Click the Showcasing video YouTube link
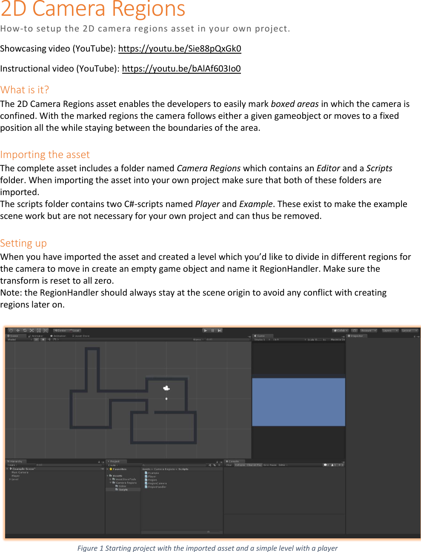tap(179, 49)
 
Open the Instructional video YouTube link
tap(181, 69)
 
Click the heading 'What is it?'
tap(25, 90)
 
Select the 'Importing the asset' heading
tap(45, 155)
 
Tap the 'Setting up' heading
tap(23, 243)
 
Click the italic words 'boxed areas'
tap(295, 104)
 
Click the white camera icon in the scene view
tap(166, 388)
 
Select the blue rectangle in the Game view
tap(298, 402)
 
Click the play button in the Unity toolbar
tap(206, 331)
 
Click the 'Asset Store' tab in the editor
tap(82, 336)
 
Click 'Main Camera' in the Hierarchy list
tap(20, 472)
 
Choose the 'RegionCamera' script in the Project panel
tap(157, 483)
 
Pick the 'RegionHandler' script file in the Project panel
tap(157, 487)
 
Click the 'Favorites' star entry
tap(119, 469)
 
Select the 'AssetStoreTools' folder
tap(126, 479)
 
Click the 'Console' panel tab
tap(234, 461)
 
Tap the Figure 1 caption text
tap(207, 548)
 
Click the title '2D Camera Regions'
tap(93, 9)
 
